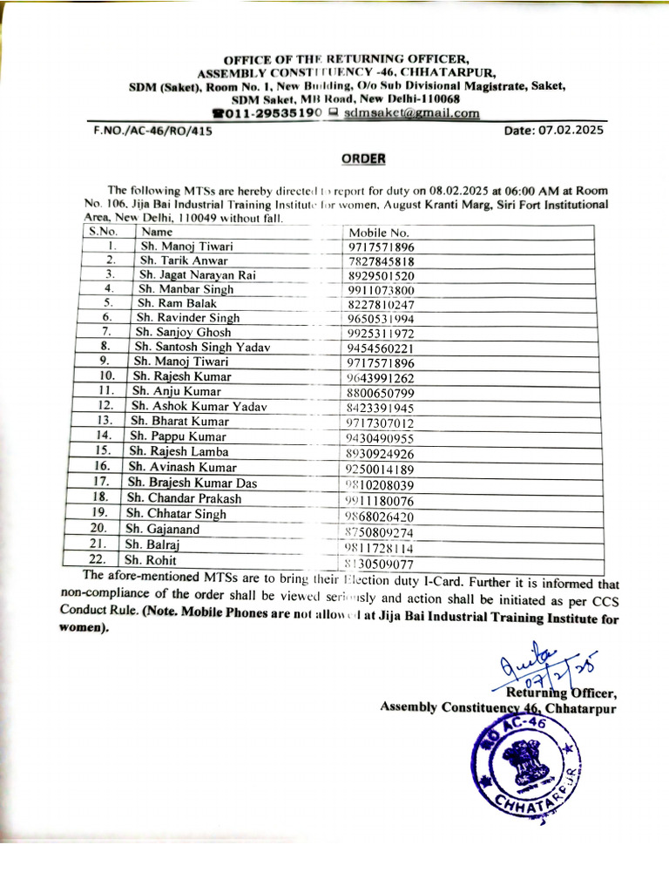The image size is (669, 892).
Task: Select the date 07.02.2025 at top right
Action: point(553,131)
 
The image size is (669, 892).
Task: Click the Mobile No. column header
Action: point(379,233)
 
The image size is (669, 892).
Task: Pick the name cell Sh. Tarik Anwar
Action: point(185,260)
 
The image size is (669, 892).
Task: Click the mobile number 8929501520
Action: point(381,275)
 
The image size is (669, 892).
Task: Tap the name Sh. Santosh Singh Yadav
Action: point(202,347)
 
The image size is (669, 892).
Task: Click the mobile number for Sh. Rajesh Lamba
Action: point(380,454)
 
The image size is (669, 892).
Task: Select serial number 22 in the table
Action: point(97,559)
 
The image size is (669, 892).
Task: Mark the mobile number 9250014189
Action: point(381,469)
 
